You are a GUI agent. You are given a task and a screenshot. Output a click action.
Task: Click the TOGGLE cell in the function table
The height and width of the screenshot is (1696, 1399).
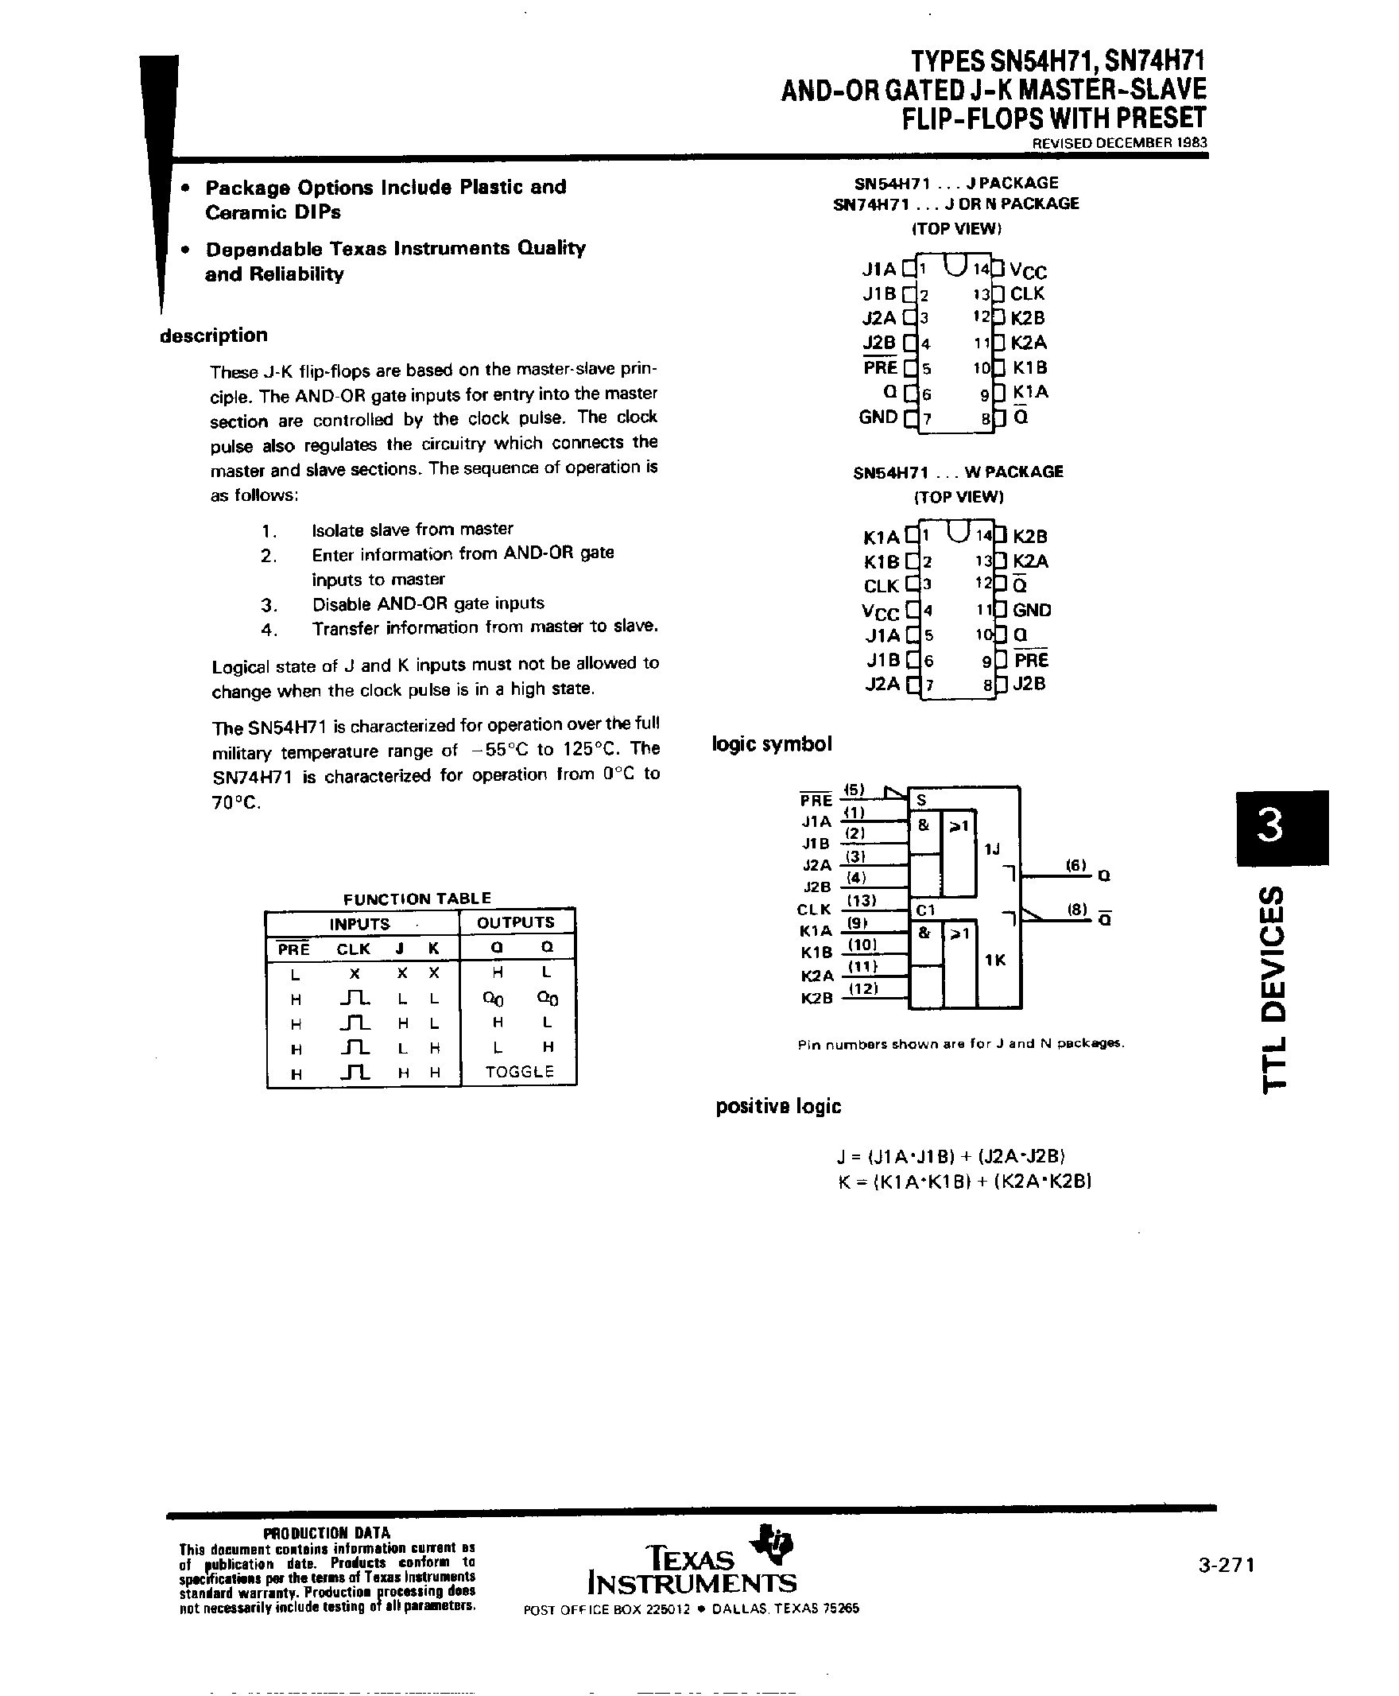click(x=519, y=1071)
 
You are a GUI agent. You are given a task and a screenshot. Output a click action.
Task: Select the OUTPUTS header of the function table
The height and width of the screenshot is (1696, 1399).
click(x=516, y=922)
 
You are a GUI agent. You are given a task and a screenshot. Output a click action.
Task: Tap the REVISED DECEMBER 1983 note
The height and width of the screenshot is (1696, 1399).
click(x=1120, y=142)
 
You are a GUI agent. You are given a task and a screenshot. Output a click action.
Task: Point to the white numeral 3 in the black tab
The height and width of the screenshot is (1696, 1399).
click(x=1272, y=827)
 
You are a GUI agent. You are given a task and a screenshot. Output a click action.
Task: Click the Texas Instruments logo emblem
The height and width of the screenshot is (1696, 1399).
click(x=771, y=1539)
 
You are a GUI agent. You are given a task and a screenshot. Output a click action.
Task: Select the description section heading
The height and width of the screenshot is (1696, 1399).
click(x=214, y=336)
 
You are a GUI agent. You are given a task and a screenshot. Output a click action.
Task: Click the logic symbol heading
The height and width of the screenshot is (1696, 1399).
click(x=771, y=743)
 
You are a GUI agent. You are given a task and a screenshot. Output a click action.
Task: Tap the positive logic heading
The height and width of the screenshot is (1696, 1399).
click(x=777, y=1107)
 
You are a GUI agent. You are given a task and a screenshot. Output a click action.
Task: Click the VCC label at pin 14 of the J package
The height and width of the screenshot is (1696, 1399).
click(x=1029, y=271)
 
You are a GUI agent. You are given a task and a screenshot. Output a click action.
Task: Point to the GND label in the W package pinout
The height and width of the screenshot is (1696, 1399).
click(x=1032, y=610)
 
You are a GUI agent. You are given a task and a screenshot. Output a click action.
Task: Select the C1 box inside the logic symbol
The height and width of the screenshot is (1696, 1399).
click(x=925, y=910)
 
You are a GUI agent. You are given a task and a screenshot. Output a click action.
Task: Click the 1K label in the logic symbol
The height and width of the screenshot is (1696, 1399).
click(x=995, y=960)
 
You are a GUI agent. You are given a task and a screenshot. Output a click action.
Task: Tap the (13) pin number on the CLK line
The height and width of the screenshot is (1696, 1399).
click(x=861, y=900)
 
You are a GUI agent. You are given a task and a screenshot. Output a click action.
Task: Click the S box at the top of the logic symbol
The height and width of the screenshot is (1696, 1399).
click(x=922, y=800)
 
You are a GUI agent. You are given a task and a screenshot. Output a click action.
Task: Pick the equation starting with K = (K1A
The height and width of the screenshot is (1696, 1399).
click(x=965, y=1182)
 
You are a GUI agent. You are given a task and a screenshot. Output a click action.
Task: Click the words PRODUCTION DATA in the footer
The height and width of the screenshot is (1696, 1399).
click(x=327, y=1533)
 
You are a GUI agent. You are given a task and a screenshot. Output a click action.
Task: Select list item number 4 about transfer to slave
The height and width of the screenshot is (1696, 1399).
click(x=484, y=627)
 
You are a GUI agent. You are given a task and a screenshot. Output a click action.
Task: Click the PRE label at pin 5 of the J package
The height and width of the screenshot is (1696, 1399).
click(x=879, y=367)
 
